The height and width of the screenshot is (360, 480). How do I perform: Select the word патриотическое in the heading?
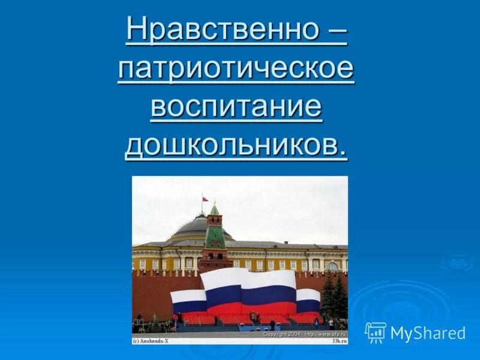coord(236,70)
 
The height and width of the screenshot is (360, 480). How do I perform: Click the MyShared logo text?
coord(428,333)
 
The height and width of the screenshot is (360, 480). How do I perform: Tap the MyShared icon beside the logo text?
coord(375,332)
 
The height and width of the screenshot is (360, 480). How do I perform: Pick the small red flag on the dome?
coord(205,199)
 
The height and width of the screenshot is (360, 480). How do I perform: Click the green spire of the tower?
coord(214,210)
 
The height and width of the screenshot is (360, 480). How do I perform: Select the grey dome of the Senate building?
coord(192,227)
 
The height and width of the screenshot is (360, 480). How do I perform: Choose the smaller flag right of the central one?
coord(308,300)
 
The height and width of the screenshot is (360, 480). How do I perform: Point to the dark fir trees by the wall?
coord(334,297)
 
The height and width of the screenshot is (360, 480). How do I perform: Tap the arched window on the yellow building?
coord(332,265)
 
